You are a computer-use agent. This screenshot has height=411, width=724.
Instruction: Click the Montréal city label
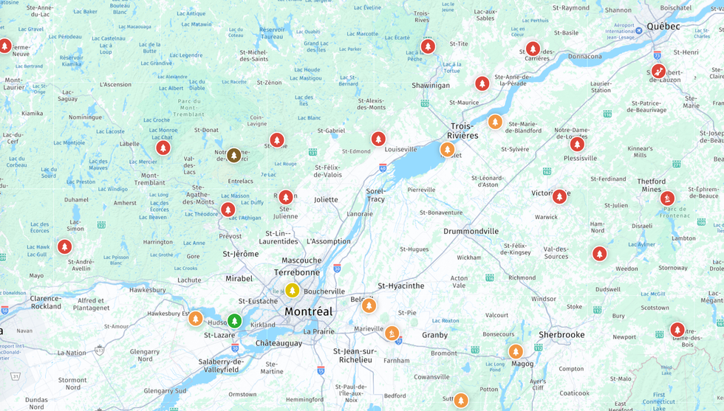pyautogui.click(x=308, y=311)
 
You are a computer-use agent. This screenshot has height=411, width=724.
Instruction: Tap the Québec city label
pyautogui.click(x=663, y=26)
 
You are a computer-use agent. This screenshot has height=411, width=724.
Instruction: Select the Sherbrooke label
pyautogui.click(x=561, y=334)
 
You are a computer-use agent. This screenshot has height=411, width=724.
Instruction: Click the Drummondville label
pyautogui.click(x=471, y=231)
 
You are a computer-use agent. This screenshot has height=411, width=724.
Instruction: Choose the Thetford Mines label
pyautogui.click(x=651, y=185)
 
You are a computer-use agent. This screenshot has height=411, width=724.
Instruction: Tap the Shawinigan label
pyautogui.click(x=431, y=85)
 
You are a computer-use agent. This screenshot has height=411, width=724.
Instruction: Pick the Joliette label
pyautogui.click(x=326, y=199)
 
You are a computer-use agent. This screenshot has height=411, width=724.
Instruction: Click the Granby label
pyautogui.click(x=434, y=335)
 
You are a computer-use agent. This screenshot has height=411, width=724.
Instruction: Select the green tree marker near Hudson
pyautogui.click(x=234, y=321)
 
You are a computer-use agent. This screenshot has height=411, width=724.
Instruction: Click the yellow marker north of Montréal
pyautogui.click(x=293, y=290)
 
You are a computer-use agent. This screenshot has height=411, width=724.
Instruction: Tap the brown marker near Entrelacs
pyautogui.click(x=234, y=155)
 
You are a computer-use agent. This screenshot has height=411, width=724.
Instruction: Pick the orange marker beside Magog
pyautogui.click(x=516, y=351)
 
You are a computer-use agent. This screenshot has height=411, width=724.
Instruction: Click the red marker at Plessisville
pyautogui.click(x=577, y=144)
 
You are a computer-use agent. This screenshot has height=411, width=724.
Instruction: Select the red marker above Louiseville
pyautogui.click(x=378, y=139)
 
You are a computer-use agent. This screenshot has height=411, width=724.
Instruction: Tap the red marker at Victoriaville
pyautogui.click(x=559, y=196)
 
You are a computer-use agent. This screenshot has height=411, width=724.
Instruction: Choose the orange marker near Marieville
pyautogui.click(x=392, y=334)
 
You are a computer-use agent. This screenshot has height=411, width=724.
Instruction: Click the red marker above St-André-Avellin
pyautogui.click(x=65, y=246)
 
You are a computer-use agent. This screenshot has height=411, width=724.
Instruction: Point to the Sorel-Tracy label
pyautogui.click(x=376, y=195)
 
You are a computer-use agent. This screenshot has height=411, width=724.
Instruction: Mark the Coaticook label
pyautogui.click(x=575, y=393)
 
